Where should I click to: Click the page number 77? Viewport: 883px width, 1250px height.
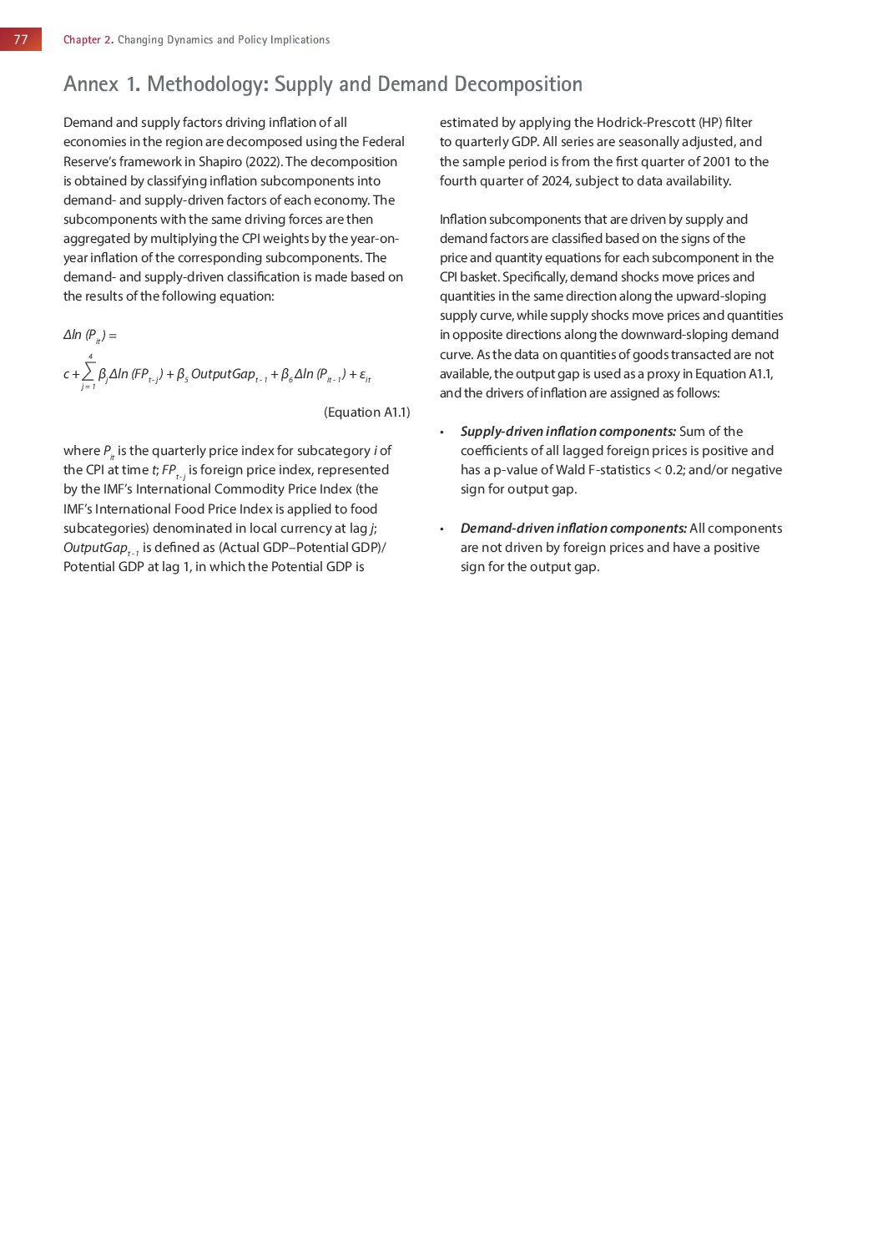21,39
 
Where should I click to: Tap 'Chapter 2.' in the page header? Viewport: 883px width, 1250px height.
88,39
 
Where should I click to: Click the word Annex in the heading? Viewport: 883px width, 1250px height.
92,84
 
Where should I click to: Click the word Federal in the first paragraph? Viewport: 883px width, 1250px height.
383,142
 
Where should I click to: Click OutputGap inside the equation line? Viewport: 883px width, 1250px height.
223,374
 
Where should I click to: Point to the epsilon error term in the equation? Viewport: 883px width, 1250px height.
364,375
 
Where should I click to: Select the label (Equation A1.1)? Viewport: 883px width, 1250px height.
366,412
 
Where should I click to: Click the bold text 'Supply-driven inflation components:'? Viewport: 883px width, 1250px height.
568,432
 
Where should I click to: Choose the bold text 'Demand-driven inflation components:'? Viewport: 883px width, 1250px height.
573,529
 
